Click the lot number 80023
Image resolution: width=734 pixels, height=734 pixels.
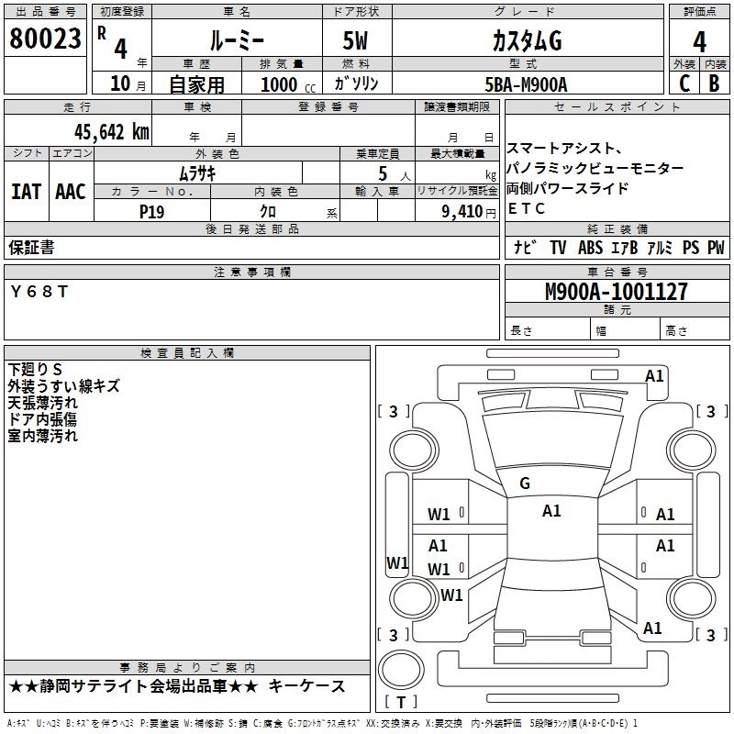[45, 40]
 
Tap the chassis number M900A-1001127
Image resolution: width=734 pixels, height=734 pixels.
[616, 292]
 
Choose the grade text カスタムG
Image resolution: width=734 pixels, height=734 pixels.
[526, 41]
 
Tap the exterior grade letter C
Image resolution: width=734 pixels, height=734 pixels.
[684, 83]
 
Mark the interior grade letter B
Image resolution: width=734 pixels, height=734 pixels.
[714, 83]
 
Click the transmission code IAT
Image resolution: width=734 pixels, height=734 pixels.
[26, 192]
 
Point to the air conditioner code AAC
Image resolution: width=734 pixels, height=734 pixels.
[70, 192]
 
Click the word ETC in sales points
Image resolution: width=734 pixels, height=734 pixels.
[526, 208]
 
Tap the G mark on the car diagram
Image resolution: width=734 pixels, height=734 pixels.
[525, 483]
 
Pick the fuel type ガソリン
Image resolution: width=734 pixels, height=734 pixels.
[356, 84]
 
